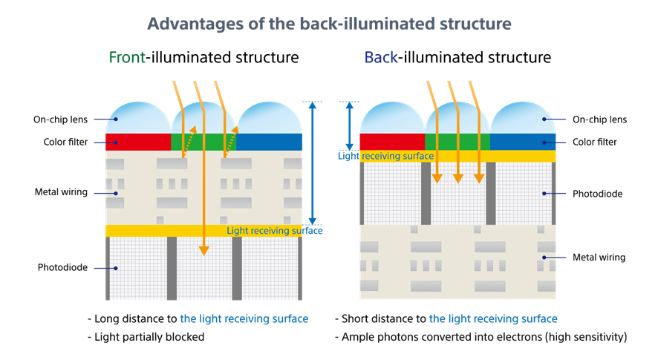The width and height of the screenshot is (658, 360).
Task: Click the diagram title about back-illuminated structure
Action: (x=329, y=23)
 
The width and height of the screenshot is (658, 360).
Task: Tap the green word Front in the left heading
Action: (x=126, y=57)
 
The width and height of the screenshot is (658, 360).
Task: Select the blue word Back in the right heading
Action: (x=381, y=57)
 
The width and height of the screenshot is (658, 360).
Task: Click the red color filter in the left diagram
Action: (x=138, y=142)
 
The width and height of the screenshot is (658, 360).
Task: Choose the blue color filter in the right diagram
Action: (x=523, y=141)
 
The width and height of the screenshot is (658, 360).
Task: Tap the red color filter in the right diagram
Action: (x=391, y=141)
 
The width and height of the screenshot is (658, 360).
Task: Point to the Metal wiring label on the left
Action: (x=61, y=192)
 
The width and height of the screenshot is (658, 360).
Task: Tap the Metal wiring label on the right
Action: (x=599, y=258)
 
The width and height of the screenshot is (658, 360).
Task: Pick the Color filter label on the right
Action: (x=596, y=142)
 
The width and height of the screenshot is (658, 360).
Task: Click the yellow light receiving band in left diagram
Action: (x=163, y=231)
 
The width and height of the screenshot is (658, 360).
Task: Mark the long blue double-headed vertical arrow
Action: (x=313, y=163)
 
